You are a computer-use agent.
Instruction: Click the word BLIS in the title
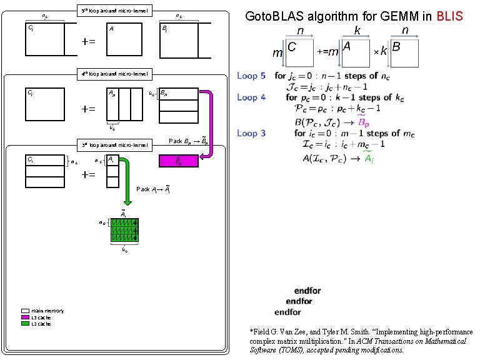click(450, 16)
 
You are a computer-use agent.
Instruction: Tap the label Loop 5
click(251, 76)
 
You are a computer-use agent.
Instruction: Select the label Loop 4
click(251, 97)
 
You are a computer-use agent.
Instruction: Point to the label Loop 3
click(251, 133)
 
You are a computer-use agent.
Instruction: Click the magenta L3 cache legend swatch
click(25, 317)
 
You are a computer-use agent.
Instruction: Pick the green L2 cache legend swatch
click(25, 324)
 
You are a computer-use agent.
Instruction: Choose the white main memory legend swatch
click(25, 311)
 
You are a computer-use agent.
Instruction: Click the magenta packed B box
click(179, 161)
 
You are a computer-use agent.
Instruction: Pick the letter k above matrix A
click(357, 31)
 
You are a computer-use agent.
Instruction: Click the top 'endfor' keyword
click(307, 291)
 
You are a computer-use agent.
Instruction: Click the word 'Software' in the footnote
click(265, 351)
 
